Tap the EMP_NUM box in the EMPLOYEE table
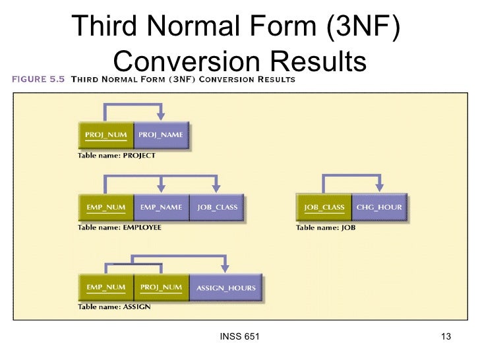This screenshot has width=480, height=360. [x=105, y=207]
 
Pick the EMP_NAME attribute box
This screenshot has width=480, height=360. [x=161, y=207]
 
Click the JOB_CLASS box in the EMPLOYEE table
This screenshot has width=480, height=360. [x=217, y=207]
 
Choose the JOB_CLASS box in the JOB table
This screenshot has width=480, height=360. [x=324, y=207]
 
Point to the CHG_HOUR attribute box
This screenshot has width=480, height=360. [x=379, y=207]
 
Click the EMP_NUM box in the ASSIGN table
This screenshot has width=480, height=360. [x=105, y=287]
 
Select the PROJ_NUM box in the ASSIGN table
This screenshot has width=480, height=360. [x=161, y=287]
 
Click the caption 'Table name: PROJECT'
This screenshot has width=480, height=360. [x=117, y=156]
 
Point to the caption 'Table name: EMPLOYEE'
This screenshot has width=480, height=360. [x=119, y=227]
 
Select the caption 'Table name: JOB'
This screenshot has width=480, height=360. [x=328, y=227]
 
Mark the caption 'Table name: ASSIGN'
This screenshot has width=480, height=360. [x=115, y=307]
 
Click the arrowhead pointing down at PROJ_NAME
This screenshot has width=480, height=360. [x=161, y=116]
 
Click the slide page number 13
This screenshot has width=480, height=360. [x=445, y=338]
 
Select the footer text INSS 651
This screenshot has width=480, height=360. [x=238, y=338]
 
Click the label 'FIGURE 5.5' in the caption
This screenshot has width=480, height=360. [x=37, y=80]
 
